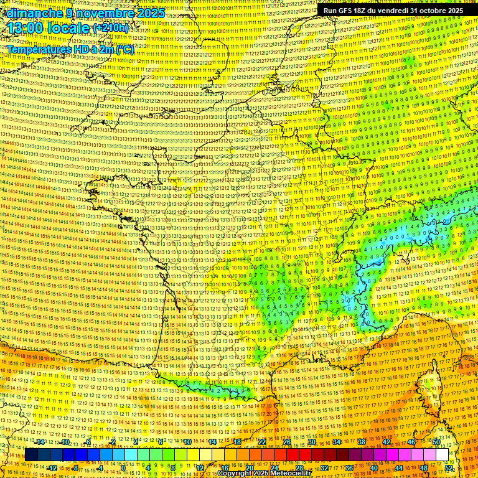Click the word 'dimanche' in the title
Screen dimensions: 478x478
pyautogui.click(x=32, y=13)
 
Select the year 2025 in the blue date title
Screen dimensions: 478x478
pyautogui.click(x=150, y=13)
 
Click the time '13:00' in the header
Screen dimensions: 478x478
pyautogui.click(x=27, y=28)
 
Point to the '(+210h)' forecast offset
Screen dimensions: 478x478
pyautogui.click(x=111, y=29)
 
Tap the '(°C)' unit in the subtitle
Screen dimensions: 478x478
pyautogui.click(x=124, y=49)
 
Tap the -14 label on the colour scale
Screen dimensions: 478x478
pyautogui.click(x=40, y=443)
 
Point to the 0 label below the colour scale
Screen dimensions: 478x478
pyautogui.click(x=123, y=468)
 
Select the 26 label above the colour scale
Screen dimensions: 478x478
pyautogui.click(x=287, y=443)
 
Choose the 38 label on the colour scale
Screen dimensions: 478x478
pyautogui.click(x=361, y=443)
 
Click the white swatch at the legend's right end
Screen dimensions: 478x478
pyautogui.click(x=442, y=455)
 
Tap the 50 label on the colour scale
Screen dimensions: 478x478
pyautogui.click(x=436, y=443)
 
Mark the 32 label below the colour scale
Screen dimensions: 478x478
pyautogui.click(x=324, y=468)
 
